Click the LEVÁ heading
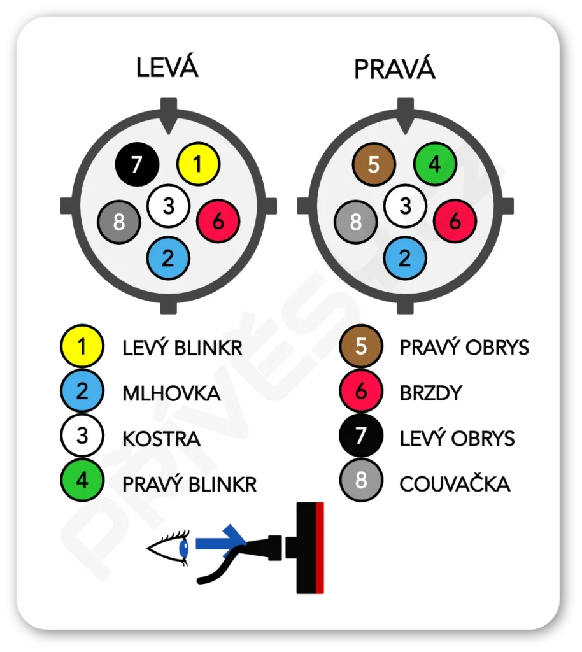167,67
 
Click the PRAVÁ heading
394,69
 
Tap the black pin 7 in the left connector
137,165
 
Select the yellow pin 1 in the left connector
198,164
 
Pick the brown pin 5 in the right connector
374,164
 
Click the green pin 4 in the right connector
435,164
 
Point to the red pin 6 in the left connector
218,221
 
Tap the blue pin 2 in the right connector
406,257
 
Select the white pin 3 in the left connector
169,206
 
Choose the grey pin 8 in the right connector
355,222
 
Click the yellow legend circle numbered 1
82,346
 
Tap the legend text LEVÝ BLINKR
182,348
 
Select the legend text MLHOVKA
171,393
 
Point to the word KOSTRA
161,439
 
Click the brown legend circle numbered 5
361,346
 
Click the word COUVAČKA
455,484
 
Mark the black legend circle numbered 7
361,437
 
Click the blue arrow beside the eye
220,542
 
